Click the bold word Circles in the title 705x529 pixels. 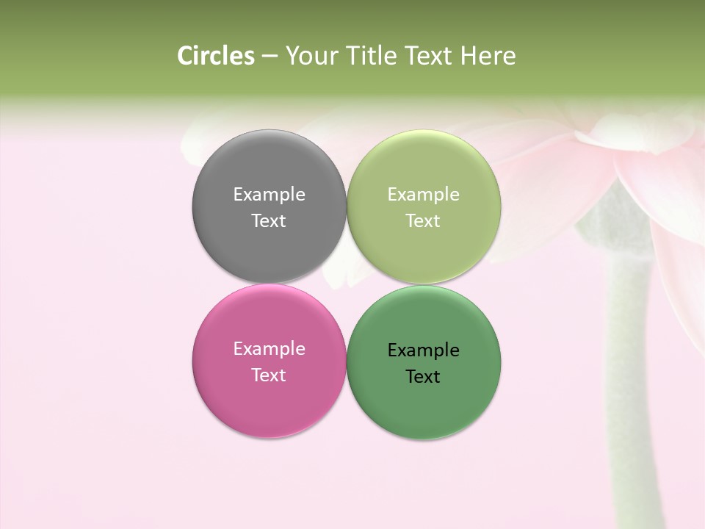pyautogui.click(x=215, y=56)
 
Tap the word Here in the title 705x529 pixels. pyautogui.click(x=488, y=56)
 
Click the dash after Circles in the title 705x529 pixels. pyautogui.click(x=270, y=56)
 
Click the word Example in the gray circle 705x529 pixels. pyautogui.click(x=269, y=194)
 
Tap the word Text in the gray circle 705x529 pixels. pyautogui.click(x=269, y=220)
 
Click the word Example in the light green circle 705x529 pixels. pyautogui.click(x=423, y=194)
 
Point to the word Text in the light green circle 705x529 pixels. pyautogui.click(x=423, y=220)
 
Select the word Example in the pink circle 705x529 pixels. pyautogui.click(x=269, y=348)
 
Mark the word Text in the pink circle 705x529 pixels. pyautogui.click(x=269, y=375)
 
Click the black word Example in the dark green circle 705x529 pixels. pyautogui.click(x=423, y=350)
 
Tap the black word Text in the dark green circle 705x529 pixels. pyautogui.click(x=423, y=376)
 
